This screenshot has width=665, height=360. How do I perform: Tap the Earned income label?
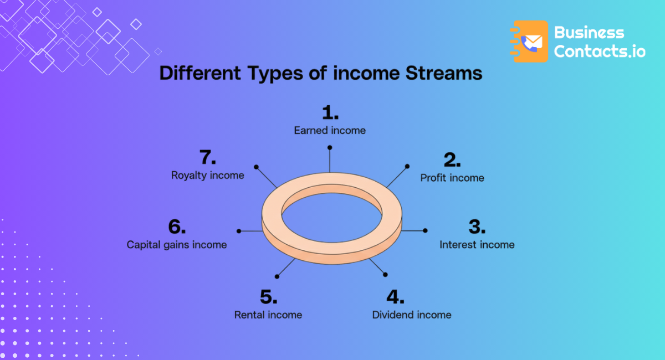click(x=330, y=131)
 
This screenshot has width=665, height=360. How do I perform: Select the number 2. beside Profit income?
click(x=452, y=161)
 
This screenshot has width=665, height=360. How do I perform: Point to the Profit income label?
click(x=452, y=178)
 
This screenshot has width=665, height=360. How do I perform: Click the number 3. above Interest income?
click(x=477, y=227)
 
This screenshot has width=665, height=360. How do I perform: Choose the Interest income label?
click(x=477, y=244)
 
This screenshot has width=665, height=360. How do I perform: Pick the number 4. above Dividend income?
click(x=396, y=297)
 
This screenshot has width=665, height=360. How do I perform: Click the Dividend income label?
click(x=412, y=315)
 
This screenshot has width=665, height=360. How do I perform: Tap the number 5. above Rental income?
click(x=268, y=297)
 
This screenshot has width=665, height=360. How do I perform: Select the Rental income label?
click(x=268, y=315)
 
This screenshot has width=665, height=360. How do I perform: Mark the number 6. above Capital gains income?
click(x=177, y=227)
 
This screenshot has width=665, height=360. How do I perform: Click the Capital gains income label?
click(x=177, y=244)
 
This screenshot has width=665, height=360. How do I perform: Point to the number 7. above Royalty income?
click(x=208, y=158)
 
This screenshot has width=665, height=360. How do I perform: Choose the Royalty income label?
click(x=208, y=175)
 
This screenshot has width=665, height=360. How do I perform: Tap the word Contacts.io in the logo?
click(x=600, y=52)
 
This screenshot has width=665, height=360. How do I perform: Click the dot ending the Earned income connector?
click(x=330, y=147)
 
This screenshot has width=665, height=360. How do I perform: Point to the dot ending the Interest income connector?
click(x=426, y=230)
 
